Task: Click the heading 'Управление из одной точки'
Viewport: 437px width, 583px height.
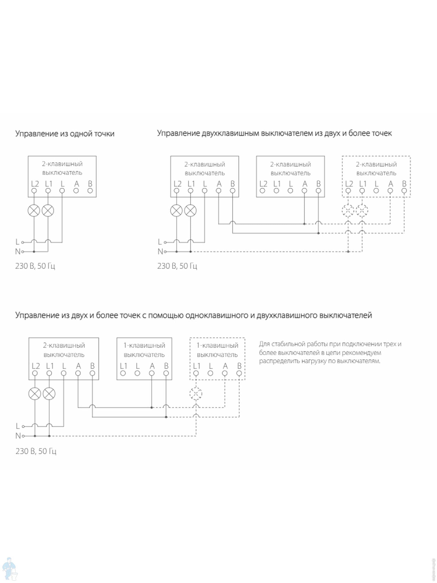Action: (x=65, y=134)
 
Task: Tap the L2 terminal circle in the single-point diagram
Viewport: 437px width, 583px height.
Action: (x=34, y=191)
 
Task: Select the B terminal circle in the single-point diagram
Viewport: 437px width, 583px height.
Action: (x=90, y=191)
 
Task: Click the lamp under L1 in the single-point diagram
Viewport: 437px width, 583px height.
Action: (x=48, y=211)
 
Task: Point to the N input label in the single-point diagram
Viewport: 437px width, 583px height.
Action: (x=17, y=252)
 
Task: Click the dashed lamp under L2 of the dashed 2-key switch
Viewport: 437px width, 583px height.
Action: (x=348, y=211)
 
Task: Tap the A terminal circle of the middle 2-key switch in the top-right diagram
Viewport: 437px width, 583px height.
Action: (x=304, y=191)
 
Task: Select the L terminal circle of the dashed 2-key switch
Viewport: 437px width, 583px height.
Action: (x=376, y=191)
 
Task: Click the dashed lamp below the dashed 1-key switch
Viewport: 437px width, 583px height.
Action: (x=196, y=394)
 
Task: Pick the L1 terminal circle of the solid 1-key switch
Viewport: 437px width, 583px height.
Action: (x=123, y=373)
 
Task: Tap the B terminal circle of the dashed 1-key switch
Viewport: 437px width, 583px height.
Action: (x=239, y=373)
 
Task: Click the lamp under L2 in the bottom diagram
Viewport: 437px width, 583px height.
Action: (x=35, y=394)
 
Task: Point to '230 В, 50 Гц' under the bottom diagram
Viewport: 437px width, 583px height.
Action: (x=36, y=451)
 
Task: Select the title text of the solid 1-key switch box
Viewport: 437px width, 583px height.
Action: (x=144, y=350)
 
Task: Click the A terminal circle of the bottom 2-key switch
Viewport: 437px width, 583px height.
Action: (x=78, y=373)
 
